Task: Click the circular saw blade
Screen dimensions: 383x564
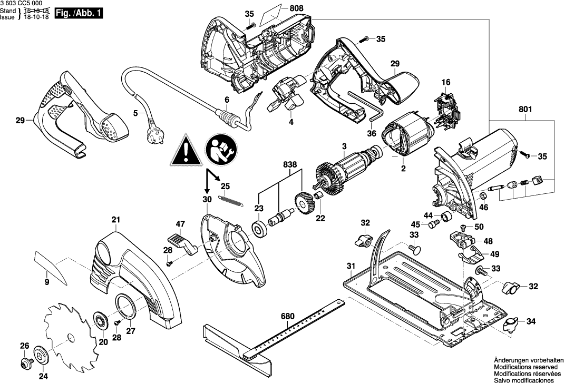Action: click(72, 329)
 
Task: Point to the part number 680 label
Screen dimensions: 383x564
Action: click(287, 317)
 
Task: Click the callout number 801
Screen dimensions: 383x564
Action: click(526, 110)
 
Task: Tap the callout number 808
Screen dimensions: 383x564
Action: click(297, 8)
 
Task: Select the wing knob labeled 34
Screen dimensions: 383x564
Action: click(512, 325)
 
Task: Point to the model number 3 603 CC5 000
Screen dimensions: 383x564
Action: click(22, 4)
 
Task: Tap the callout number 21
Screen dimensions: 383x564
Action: click(116, 220)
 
